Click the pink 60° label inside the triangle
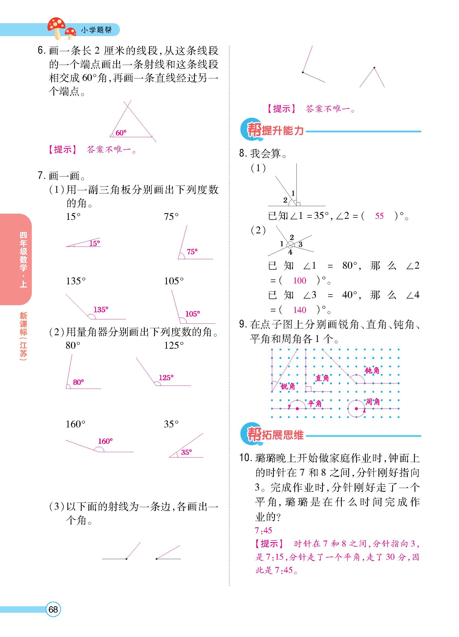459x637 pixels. (x=121, y=133)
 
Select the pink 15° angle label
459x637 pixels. (x=95, y=243)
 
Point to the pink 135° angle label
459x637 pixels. (x=101, y=310)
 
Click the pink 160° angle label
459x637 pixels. (x=105, y=441)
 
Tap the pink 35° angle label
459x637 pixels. (x=186, y=452)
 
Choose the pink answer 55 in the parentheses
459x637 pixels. (x=379, y=216)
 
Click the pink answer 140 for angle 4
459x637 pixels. (x=300, y=310)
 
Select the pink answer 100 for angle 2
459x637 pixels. (x=300, y=280)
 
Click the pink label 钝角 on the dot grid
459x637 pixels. (x=372, y=371)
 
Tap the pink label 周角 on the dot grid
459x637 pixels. (x=372, y=402)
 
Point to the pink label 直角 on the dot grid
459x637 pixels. (x=322, y=378)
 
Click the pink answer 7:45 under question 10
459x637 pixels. (x=263, y=530)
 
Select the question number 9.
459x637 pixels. (x=243, y=324)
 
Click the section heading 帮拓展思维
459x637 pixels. (x=275, y=435)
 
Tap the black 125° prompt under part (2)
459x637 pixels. (x=174, y=345)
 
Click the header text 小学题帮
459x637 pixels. (x=96, y=30)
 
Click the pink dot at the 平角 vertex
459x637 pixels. (x=297, y=409)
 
